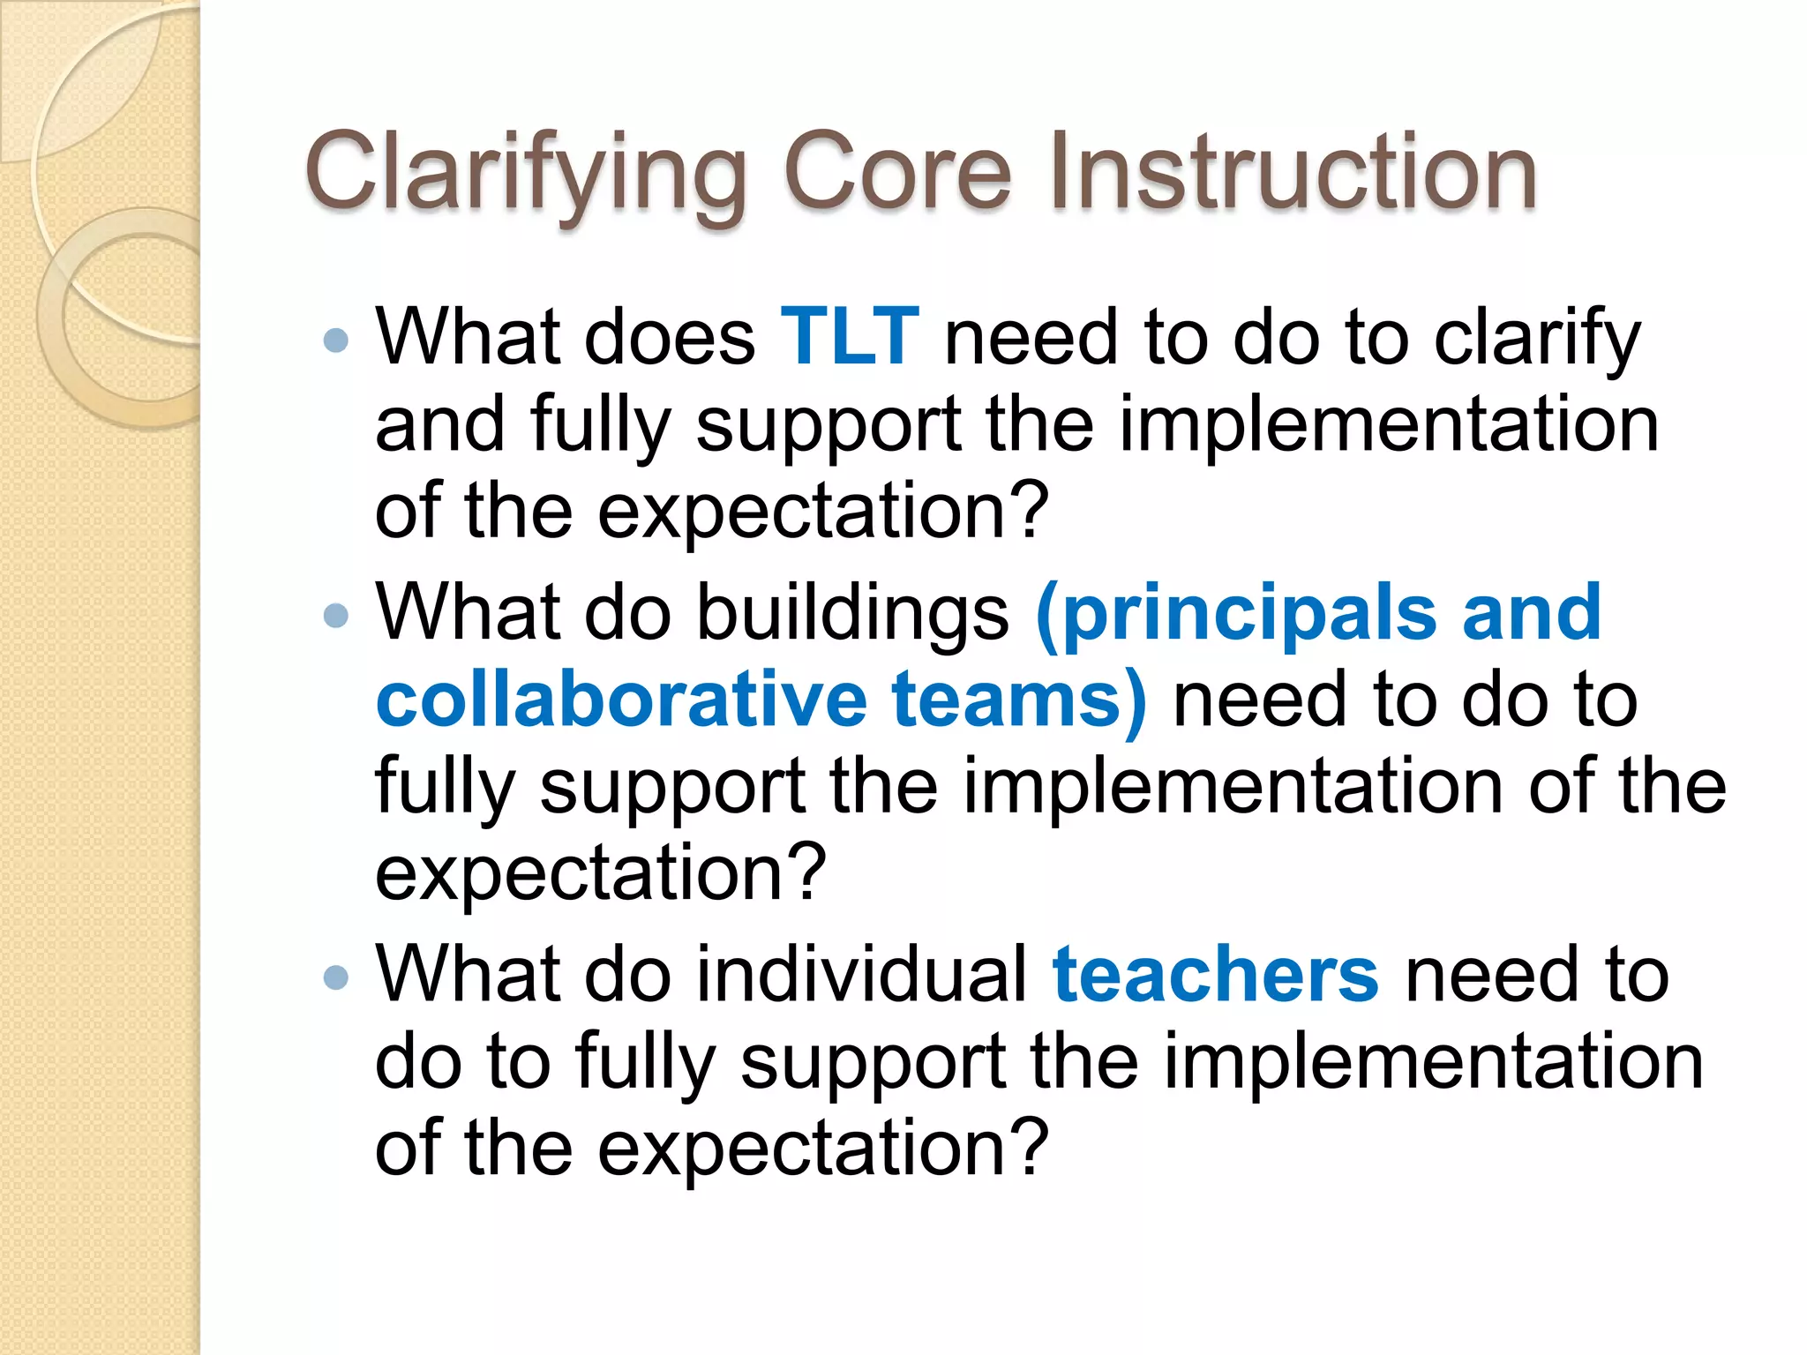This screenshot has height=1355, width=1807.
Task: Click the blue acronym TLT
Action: coord(850,337)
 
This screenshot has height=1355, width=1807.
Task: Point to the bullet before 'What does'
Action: coord(336,341)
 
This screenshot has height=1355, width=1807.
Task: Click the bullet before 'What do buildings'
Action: coord(336,615)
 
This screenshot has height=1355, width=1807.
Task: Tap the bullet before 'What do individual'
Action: coord(336,977)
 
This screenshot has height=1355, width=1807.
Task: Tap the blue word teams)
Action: coord(1019,700)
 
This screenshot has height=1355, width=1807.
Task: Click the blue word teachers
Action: coord(1215,975)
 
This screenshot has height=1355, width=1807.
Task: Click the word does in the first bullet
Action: coord(670,337)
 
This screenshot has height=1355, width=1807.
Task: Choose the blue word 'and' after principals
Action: coord(1531,613)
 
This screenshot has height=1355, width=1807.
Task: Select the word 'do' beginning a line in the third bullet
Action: coord(417,1061)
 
